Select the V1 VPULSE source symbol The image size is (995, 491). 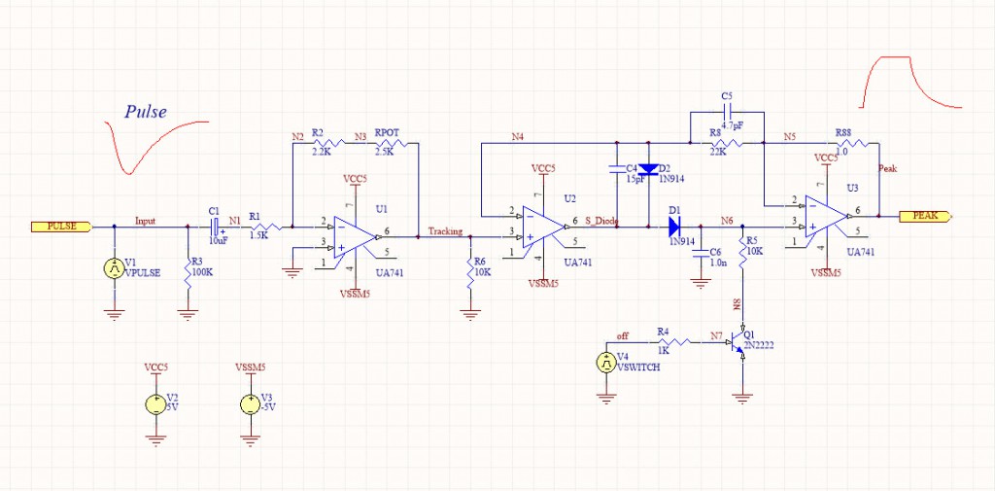click(x=114, y=270)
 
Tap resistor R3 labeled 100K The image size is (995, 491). click(x=188, y=270)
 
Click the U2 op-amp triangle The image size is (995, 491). click(x=540, y=226)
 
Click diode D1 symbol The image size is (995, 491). click(x=674, y=227)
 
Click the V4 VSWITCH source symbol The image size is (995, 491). click(x=605, y=363)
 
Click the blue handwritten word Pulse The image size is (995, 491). click(x=146, y=112)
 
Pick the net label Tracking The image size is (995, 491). click(x=445, y=231)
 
